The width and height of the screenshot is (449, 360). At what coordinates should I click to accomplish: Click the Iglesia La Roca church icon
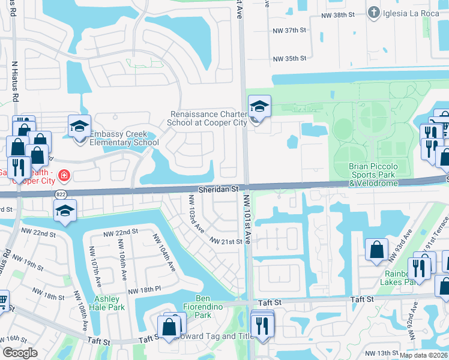pyautogui.click(x=374, y=13)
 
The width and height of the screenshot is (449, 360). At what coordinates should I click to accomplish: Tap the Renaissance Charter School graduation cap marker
pyautogui.click(x=259, y=107)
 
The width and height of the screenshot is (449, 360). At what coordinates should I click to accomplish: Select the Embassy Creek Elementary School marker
pyautogui.click(x=79, y=127)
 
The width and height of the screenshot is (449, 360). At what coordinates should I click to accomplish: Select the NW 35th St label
pyautogui.click(x=290, y=59)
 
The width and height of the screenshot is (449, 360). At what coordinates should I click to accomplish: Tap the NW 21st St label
pyautogui.click(x=227, y=241)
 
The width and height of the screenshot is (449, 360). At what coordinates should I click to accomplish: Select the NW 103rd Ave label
pyautogui.click(x=196, y=214)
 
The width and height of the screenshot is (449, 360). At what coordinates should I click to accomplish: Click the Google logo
pyautogui.click(x=20, y=352)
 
